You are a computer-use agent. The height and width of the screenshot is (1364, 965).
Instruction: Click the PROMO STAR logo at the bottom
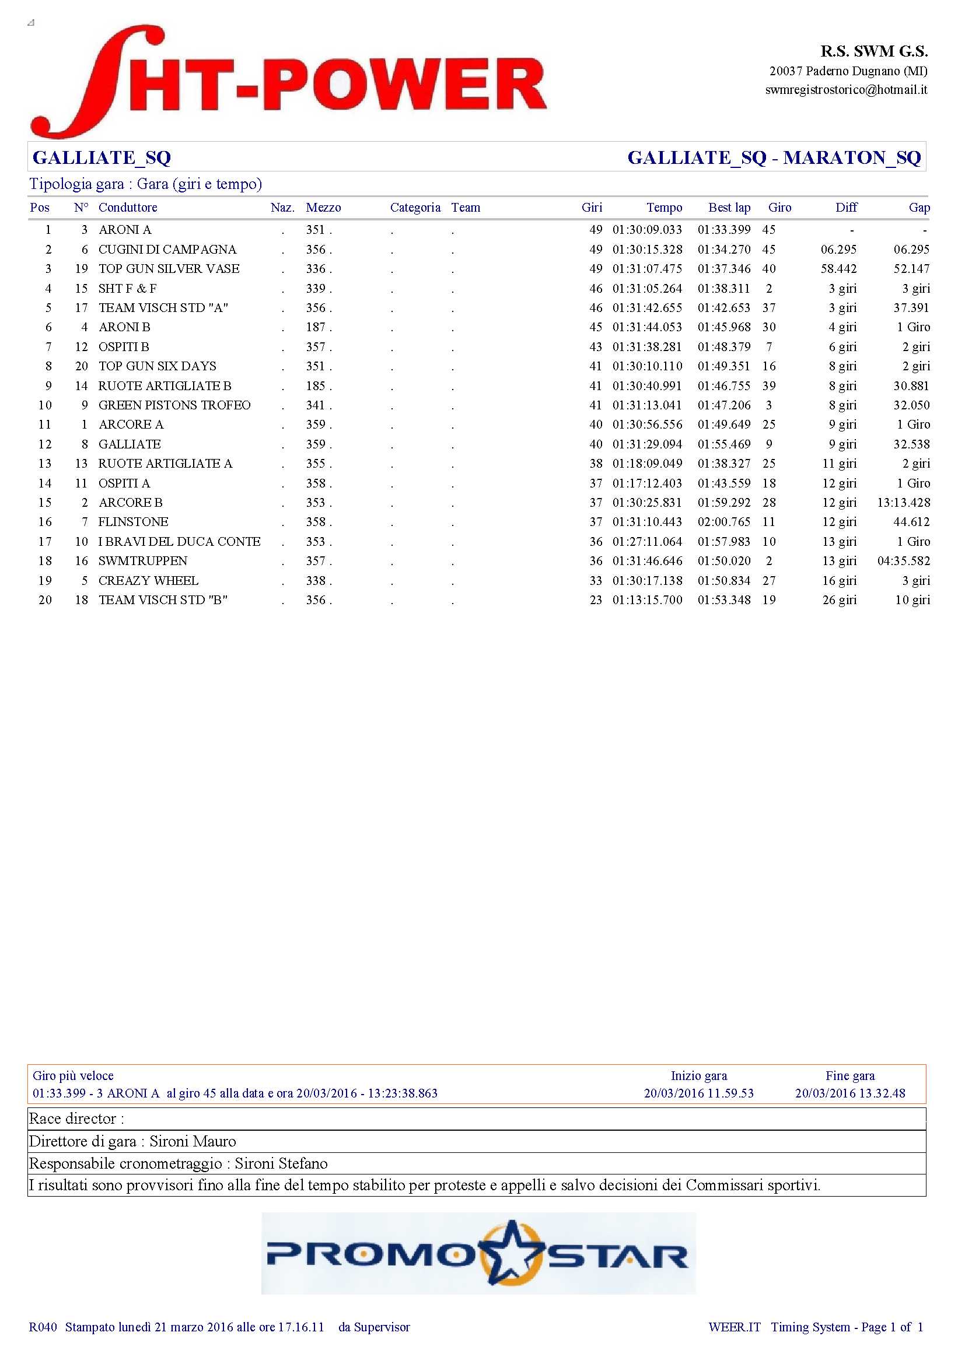click(478, 1256)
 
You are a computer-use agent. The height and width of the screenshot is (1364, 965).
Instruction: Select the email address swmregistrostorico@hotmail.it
click(845, 90)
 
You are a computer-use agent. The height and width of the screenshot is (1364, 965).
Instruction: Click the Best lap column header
click(729, 208)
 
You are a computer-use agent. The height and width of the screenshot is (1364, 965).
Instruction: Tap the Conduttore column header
click(128, 208)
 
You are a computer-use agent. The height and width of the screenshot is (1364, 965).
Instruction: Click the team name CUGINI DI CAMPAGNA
click(167, 250)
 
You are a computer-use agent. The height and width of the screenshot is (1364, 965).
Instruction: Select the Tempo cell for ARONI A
click(647, 230)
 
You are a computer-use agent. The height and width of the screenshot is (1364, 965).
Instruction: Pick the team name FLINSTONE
click(133, 522)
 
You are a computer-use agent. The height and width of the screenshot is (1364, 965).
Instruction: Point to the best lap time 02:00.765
click(723, 522)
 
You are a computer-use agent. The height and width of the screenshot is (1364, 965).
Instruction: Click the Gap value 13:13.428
click(903, 503)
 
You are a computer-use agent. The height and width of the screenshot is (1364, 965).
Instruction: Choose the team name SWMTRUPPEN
click(142, 562)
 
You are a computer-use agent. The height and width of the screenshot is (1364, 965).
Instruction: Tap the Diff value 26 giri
click(839, 600)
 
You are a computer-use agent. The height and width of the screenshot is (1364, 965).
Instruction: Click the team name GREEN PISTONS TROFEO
click(174, 405)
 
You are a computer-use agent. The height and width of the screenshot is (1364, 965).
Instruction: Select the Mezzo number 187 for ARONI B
click(316, 327)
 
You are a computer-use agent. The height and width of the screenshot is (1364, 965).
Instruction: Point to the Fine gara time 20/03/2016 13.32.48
click(849, 1093)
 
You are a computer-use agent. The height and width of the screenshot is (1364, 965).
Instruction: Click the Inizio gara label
click(699, 1076)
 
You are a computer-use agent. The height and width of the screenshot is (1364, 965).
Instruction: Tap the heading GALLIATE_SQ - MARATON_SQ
click(774, 157)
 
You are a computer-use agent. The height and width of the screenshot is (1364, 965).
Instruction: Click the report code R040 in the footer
click(43, 1327)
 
